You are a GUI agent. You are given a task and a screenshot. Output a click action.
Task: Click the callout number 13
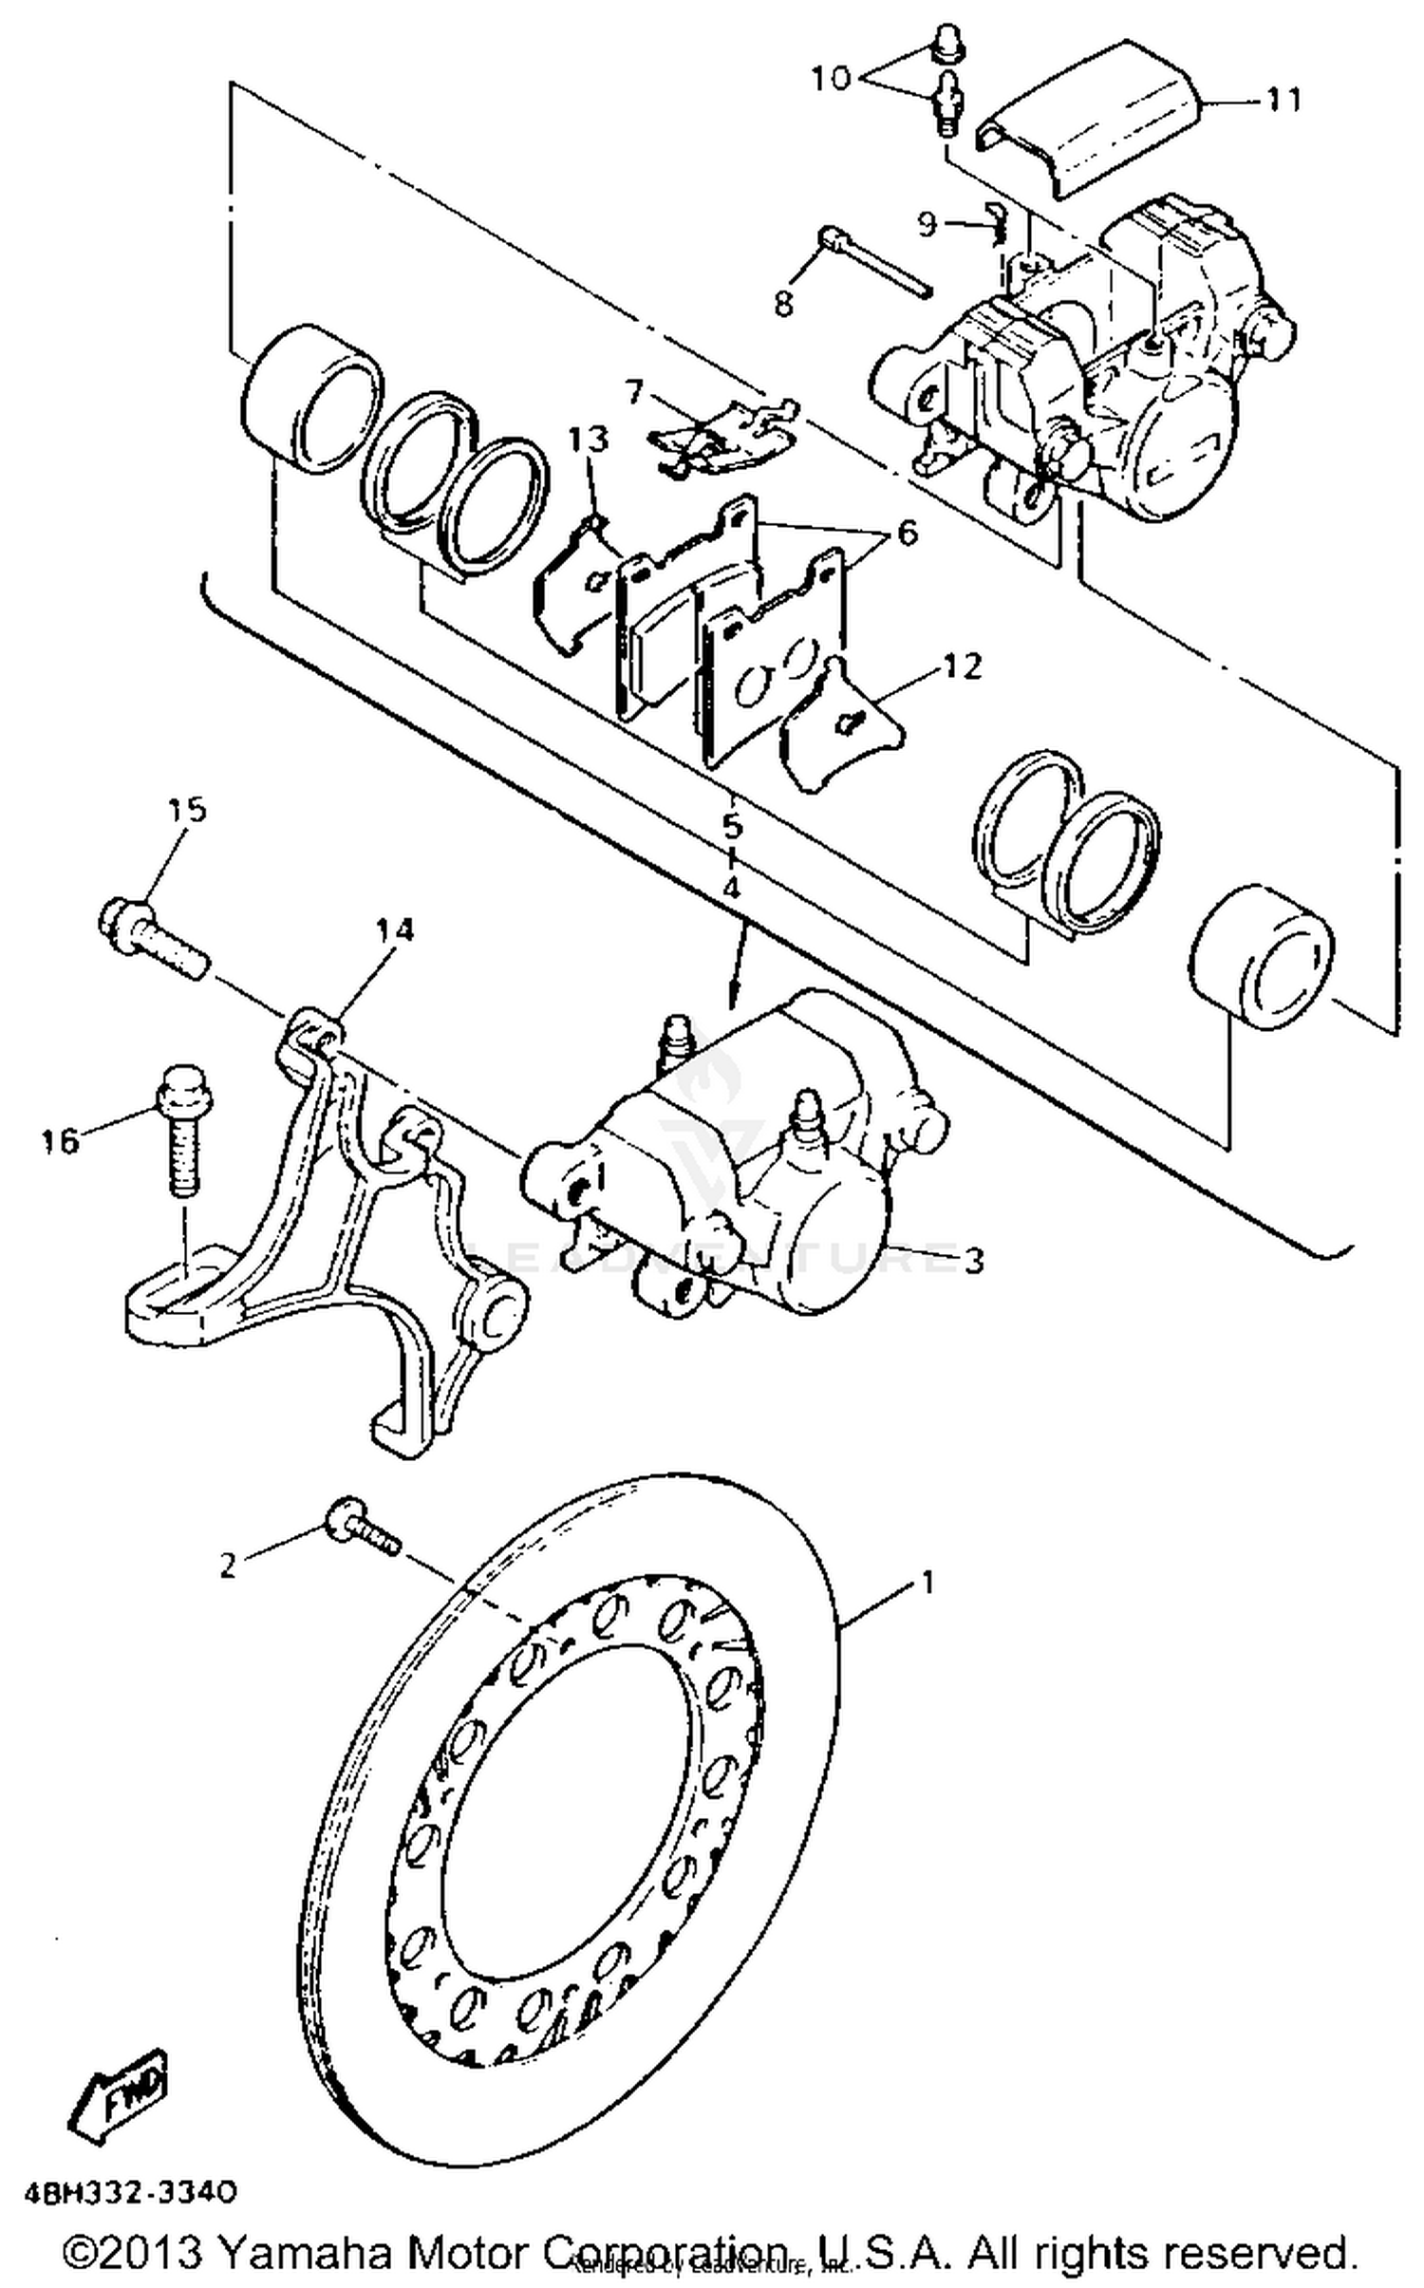coord(589,440)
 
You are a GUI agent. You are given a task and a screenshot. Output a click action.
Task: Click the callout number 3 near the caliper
coord(973,1260)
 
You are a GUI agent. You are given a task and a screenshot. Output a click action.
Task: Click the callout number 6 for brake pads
coord(907,533)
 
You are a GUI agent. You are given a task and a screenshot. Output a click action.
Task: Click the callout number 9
coord(927,224)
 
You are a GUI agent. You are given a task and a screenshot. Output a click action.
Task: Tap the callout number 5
coord(731,825)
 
